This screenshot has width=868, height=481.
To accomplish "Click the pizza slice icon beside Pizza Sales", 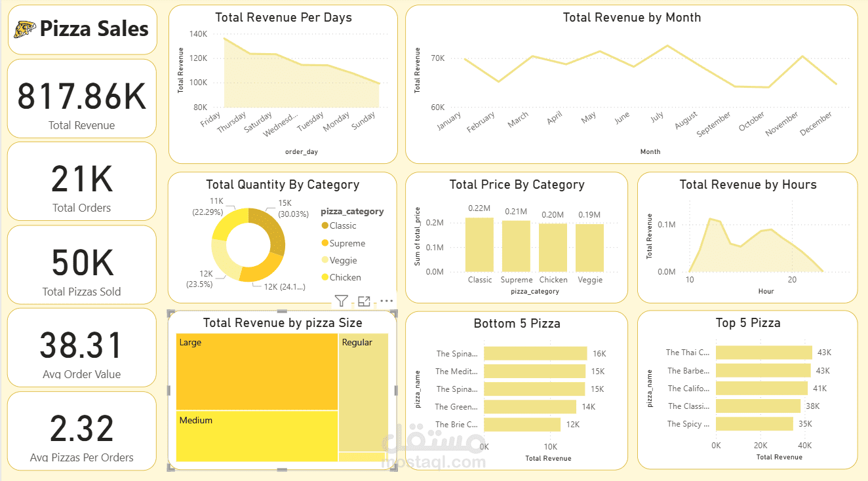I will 25,29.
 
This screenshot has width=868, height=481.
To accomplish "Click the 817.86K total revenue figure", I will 81,96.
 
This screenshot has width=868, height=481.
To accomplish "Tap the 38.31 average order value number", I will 81,345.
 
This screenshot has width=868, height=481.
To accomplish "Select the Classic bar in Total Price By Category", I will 479,244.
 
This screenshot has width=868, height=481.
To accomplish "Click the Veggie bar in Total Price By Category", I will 590,248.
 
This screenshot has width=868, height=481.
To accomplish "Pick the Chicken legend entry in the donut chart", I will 345,277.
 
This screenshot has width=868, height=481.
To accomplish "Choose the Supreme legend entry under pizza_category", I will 347,243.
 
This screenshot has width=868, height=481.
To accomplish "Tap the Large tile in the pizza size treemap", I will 256,372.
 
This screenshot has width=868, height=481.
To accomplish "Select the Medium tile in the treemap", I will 256,436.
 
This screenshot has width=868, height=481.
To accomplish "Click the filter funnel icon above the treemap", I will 341,301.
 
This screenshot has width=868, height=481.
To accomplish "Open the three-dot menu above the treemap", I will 386,301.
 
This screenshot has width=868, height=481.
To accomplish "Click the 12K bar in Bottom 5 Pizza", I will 522,425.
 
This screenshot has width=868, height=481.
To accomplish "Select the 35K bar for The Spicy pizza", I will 754,424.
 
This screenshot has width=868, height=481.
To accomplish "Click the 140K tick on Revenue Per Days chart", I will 198,34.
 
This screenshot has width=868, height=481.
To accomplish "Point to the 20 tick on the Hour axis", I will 792,280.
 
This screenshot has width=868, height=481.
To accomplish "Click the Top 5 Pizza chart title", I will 747,323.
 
